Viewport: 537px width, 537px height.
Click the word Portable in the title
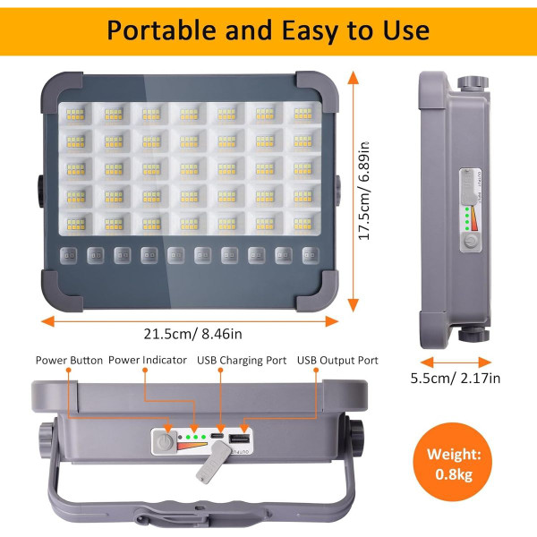coord(163,29)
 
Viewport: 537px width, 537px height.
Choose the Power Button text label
coord(69,361)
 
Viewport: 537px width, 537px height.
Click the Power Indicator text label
coord(149,361)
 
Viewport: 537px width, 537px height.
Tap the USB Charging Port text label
coord(241,361)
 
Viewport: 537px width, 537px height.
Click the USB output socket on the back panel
coord(239,440)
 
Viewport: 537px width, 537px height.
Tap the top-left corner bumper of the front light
coord(55,86)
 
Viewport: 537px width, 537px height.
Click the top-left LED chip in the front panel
coord(73,114)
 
